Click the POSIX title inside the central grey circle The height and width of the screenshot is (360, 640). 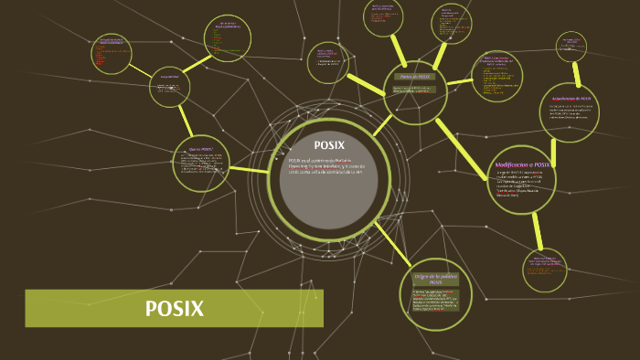coord(329,145)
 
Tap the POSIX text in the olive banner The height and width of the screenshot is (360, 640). coord(174,309)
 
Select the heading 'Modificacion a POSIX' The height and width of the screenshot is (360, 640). coord(522,164)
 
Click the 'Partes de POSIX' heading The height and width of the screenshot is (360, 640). coord(415,77)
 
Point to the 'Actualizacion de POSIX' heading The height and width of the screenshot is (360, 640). coord(571,98)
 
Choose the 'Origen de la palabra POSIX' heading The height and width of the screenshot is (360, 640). coord(435,279)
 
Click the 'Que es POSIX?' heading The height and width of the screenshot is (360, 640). coord(200,148)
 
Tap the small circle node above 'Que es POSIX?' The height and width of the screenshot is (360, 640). coord(170,87)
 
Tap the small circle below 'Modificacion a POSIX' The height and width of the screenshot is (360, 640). coord(545,270)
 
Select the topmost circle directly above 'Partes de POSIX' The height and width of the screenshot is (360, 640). coord(384,17)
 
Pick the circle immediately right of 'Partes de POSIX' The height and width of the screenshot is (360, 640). coord(497,76)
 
